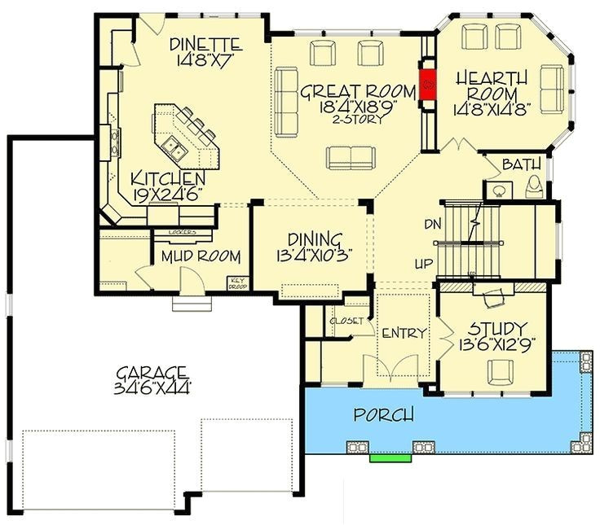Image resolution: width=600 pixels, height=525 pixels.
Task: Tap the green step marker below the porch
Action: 390,457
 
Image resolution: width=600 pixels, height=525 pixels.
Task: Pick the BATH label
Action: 522,165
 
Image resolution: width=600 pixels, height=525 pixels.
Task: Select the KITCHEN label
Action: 169,178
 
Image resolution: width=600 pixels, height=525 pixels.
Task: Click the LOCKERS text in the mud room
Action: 182,232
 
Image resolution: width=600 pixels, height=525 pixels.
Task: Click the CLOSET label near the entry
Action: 346,321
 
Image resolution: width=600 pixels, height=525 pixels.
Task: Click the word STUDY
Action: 496,329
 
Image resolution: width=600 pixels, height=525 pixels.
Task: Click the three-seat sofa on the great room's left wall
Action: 285,101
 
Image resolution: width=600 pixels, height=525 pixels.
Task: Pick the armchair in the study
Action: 499,371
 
